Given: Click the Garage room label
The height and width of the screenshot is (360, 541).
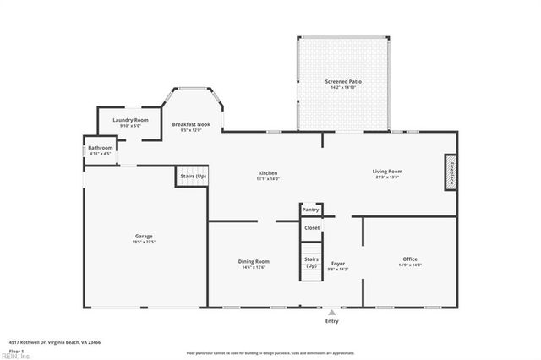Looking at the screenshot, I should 144,236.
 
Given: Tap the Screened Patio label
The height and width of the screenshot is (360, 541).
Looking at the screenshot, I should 344,81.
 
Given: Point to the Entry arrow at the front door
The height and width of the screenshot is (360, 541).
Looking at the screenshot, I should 331,310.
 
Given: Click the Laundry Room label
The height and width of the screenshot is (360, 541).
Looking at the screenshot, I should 130,120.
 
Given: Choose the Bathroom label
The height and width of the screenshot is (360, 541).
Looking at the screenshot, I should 101,147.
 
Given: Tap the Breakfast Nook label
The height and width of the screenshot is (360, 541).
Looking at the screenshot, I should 190,124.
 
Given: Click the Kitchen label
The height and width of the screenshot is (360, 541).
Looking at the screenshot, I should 268,172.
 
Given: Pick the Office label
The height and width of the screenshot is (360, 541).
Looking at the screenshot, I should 410,259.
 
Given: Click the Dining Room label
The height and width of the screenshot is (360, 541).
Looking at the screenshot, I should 254,261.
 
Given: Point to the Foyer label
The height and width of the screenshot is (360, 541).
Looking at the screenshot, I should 338,264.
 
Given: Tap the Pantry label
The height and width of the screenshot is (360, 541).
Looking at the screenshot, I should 311,209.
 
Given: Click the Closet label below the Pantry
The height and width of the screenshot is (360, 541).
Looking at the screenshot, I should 312,227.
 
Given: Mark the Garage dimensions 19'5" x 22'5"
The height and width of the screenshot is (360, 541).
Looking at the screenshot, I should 144,242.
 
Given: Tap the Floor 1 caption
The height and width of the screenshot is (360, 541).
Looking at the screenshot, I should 17,350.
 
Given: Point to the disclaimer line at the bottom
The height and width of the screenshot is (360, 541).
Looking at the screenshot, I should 270,352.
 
